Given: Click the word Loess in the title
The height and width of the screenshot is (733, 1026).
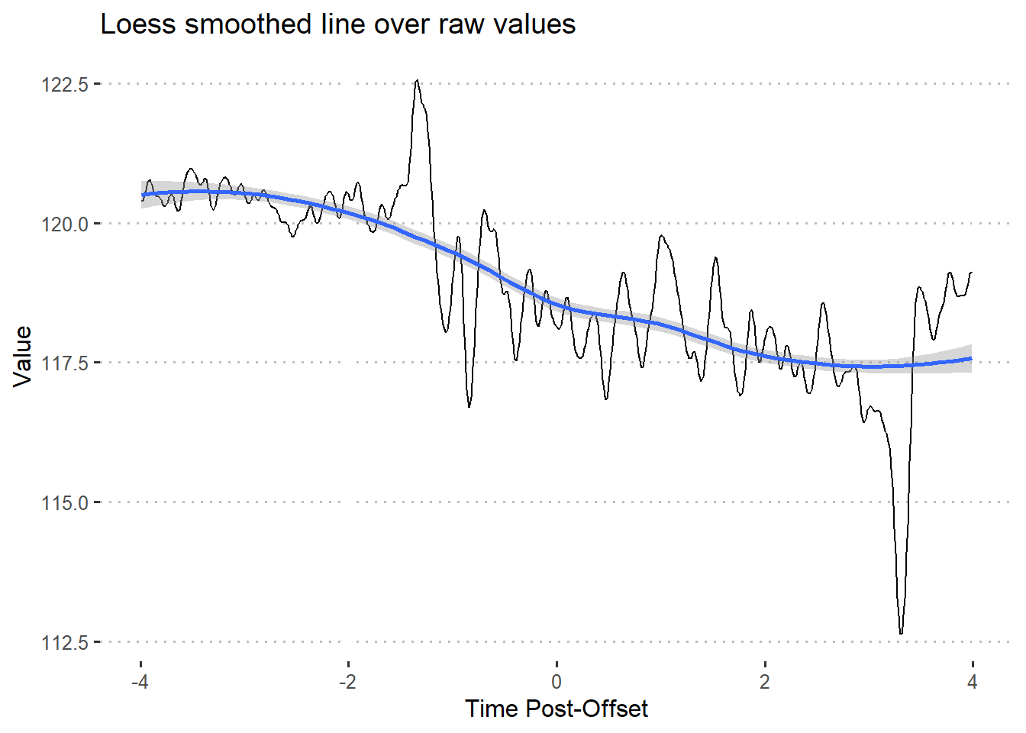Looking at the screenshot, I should (138, 24).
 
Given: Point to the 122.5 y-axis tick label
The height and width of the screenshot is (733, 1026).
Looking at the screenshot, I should (65, 85).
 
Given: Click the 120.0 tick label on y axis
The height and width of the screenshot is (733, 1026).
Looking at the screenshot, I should (65, 224).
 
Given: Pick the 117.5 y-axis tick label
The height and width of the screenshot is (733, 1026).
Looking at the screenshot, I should (65, 363).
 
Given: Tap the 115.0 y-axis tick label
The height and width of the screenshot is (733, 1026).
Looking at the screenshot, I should (65, 503).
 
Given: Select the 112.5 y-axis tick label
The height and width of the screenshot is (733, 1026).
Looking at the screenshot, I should (65, 643).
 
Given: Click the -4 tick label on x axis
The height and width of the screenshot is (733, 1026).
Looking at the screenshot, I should (140, 682).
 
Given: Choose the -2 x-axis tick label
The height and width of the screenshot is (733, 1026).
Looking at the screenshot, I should (348, 682).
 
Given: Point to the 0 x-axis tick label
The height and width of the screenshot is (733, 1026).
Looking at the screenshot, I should (557, 682).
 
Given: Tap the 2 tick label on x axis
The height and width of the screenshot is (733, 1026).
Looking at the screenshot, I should (764, 682).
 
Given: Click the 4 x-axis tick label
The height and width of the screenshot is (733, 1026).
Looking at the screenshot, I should (972, 682).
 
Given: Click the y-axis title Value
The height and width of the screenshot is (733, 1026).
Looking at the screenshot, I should (23, 356).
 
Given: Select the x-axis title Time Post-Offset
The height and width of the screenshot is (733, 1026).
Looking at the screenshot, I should (557, 709).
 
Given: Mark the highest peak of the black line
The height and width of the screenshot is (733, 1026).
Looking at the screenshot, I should (417, 80).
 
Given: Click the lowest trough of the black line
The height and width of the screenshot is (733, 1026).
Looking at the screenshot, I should (901, 633).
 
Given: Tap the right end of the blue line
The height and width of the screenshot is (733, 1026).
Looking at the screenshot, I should (971, 358).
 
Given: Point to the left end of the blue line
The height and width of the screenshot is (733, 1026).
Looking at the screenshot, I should (143, 195).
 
